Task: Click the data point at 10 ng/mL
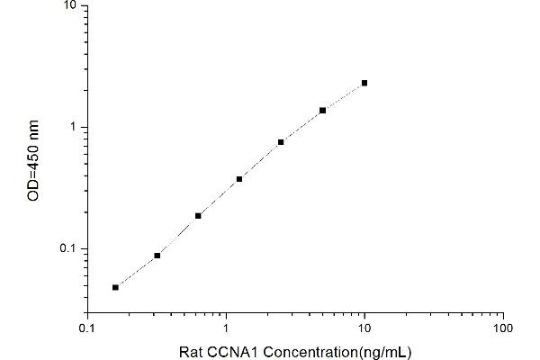click(x=364, y=83)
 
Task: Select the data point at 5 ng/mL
click(x=322, y=110)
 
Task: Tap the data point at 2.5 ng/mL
click(x=281, y=142)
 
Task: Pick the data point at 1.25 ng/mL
click(x=239, y=179)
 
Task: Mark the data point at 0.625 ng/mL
click(x=198, y=216)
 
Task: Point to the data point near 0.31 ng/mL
click(x=157, y=256)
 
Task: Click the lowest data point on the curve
click(x=115, y=287)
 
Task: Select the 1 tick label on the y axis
click(x=72, y=127)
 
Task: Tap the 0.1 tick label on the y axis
click(x=67, y=248)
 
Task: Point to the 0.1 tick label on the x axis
click(x=87, y=328)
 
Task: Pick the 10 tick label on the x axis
click(x=364, y=328)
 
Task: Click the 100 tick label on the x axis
click(x=503, y=328)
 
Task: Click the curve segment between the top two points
click(x=344, y=95)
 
